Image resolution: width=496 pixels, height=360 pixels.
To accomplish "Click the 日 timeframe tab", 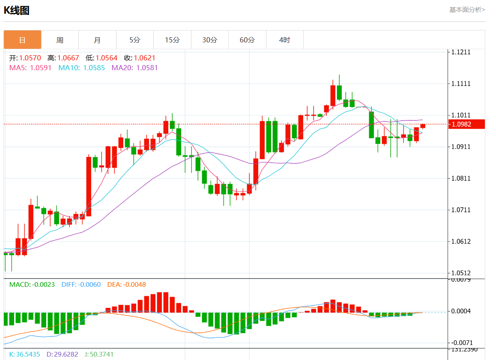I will tap(23, 40).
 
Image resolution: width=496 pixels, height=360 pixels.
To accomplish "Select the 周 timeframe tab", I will tap(60, 40).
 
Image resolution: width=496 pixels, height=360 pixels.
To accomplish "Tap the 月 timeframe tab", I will tap(97, 40).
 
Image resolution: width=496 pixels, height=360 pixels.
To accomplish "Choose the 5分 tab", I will tap(134, 40).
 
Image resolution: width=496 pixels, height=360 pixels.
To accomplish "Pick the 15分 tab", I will tap(172, 40).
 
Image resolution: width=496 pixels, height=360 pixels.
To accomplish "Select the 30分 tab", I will tap(209, 40).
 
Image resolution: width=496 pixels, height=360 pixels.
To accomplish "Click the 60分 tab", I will tap(247, 40).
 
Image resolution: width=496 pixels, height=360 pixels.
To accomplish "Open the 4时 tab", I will tap(284, 40).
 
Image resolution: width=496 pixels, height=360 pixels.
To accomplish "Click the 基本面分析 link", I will tap(467, 9).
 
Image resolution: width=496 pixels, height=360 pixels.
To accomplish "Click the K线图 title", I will tap(17, 10).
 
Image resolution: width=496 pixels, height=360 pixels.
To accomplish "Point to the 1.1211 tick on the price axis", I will tap(461, 52).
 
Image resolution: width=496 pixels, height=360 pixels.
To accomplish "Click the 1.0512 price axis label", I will tap(461, 273).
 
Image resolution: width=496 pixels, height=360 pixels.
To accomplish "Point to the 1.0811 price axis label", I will tap(461, 179).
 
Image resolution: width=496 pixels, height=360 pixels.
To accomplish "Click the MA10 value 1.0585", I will tap(94, 68).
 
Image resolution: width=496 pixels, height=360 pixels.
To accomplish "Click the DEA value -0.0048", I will tap(135, 284).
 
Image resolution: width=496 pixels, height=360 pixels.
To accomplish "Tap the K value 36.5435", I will tap(28, 354).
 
